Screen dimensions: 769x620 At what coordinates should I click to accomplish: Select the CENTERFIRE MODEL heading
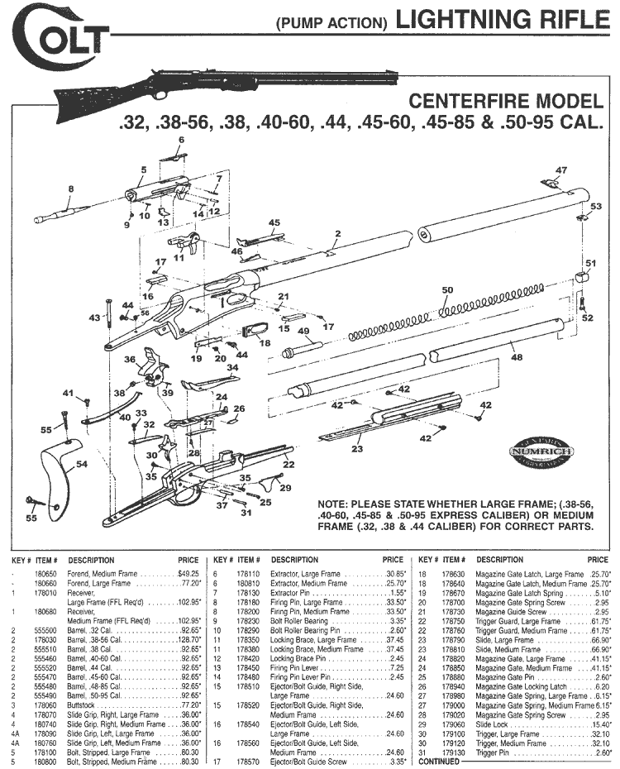pyautogui.click(x=507, y=103)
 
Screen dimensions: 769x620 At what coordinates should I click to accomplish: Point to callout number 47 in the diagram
pyautogui.click(x=561, y=170)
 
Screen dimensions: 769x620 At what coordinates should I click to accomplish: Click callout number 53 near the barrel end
pyautogui.click(x=596, y=206)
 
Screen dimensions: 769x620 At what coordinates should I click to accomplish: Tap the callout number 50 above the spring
pyautogui.click(x=448, y=290)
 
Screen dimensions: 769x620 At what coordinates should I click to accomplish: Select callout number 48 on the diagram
pyautogui.click(x=517, y=357)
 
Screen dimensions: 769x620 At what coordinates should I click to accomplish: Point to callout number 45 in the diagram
pyautogui.click(x=274, y=222)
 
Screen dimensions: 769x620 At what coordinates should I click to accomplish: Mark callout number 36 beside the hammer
pyautogui.click(x=130, y=360)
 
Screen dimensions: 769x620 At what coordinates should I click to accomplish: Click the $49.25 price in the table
pyautogui.click(x=189, y=572)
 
